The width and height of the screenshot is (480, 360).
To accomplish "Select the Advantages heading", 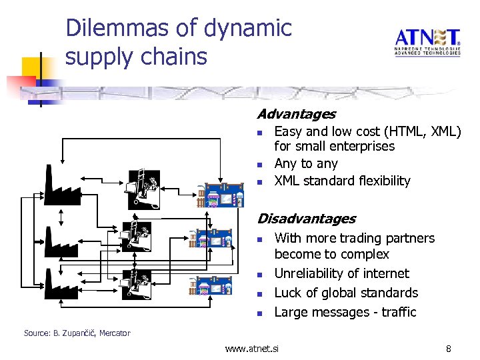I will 296,115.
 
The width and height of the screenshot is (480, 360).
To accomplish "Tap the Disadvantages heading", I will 306,219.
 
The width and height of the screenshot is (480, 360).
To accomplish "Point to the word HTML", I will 398,132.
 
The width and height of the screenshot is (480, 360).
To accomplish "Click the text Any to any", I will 306,163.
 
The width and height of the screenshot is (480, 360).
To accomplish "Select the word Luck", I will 289,293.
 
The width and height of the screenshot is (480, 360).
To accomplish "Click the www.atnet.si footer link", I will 252,348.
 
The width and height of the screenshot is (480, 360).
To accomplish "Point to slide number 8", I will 449,348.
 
